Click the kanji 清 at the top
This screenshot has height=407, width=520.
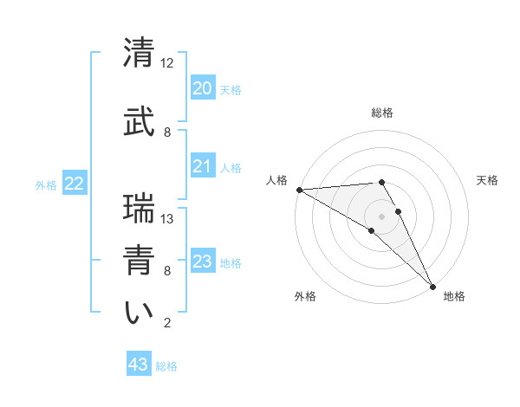(x=139, y=55)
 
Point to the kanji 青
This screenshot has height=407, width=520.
(x=139, y=261)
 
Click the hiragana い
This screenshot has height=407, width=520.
(x=139, y=313)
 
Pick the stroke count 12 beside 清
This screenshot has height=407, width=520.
(x=167, y=63)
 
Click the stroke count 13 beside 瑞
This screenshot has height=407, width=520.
(x=167, y=219)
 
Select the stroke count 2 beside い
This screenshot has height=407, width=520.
(x=167, y=323)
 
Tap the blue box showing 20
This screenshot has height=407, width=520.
(x=202, y=88)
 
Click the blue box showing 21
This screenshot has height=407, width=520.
(x=202, y=166)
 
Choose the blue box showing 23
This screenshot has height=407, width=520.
(x=202, y=262)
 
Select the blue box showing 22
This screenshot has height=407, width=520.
(x=75, y=184)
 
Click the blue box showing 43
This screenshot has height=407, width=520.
(x=138, y=365)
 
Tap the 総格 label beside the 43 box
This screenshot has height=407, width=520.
(x=166, y=366)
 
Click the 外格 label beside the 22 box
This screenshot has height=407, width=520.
(x=46, y=184)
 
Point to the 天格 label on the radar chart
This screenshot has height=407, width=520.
(x=488, y=180)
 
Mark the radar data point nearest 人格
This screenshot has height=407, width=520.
(x=299, y=190)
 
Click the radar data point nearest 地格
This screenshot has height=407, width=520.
(x=432, y=285)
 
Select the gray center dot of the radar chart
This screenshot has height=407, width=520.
(x=381, y=216)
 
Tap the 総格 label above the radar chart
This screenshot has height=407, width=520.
(x=382, y=113)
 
